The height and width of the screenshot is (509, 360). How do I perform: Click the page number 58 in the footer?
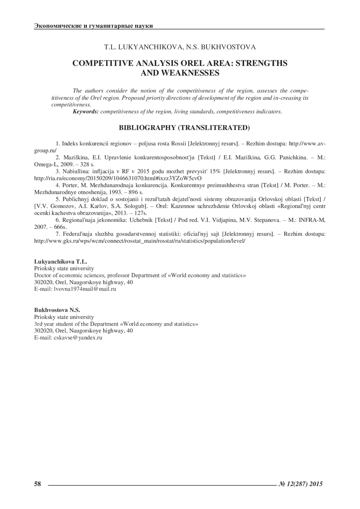coord(37,484)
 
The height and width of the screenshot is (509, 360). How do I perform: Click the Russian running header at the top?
coord(94,26)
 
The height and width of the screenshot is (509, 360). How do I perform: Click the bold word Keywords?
coord(86,112)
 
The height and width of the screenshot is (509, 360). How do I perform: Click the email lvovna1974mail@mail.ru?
coord(85,289)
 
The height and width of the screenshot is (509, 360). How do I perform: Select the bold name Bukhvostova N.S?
coord(57,310)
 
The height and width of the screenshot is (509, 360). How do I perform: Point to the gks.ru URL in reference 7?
coord(140,241)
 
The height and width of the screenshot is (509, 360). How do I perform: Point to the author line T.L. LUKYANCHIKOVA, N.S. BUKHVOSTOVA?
coord(180,47)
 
